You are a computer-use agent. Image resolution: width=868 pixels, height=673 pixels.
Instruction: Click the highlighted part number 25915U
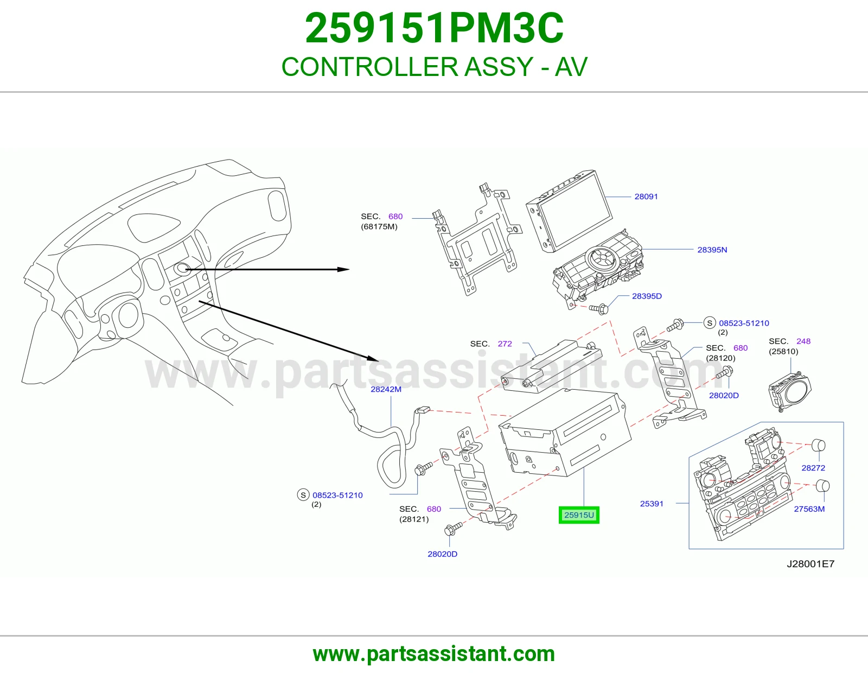tap(579, 515)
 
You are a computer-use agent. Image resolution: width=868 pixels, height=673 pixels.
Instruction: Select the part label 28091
tap(646, 196)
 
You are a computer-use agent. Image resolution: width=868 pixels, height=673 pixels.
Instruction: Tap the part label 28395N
tap(712, 250)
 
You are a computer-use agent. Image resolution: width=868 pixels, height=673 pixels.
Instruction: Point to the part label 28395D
tap(647, 296)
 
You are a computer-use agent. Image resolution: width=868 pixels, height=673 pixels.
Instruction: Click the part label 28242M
tap(386, 389)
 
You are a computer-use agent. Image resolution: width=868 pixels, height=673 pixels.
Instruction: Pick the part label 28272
tap(813, 468)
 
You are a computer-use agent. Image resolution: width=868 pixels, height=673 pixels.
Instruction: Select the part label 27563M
tap(809, 509)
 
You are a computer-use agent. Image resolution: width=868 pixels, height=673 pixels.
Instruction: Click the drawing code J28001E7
tap(810, 564)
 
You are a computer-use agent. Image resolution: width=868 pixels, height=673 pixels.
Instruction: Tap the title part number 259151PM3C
tap(434, 28)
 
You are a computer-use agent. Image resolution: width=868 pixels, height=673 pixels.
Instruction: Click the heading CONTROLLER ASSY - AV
tap(434, 67)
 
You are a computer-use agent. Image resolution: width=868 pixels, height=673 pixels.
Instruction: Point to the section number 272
tap(505, 344)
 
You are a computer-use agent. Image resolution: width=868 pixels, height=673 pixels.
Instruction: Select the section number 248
tap(803, 341)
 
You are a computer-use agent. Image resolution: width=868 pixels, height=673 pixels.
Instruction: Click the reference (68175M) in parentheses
tap(379, 227)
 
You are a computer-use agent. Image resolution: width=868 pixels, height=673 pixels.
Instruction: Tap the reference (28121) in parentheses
tap(414, 519)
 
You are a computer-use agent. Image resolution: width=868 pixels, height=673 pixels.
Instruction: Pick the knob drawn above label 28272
tap(819, 445)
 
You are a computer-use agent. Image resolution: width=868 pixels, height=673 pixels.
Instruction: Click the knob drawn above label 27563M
tap(822, 486)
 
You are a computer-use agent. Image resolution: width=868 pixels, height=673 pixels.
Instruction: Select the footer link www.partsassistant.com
tap(434, 654)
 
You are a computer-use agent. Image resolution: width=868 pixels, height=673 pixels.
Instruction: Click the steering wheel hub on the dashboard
tap(128, 315)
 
